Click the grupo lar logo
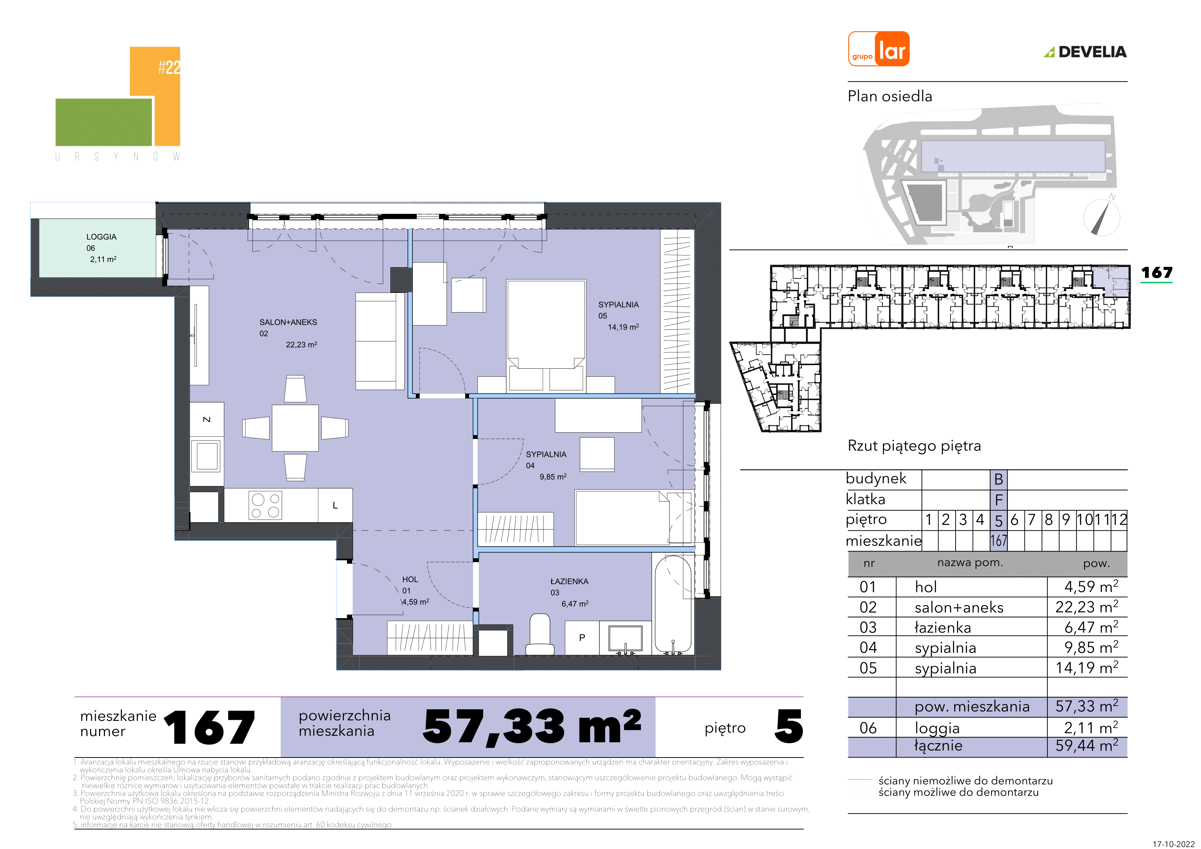[878, 49]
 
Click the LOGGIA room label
[102, 237]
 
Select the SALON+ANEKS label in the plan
[288, 322]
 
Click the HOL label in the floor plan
[410, 580]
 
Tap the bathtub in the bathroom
[673, 605]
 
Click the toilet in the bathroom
[540, 634]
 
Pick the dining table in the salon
[295, 428]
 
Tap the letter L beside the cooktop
[335, 505]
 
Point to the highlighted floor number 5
[998, 521]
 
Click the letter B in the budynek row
[998, 479]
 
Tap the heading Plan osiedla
[890, 96]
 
